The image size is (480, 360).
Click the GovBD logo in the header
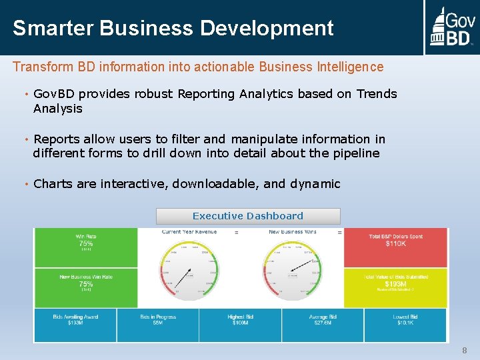pos(451,27)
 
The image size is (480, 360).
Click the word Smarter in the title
pos(53,28)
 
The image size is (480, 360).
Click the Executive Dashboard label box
pos(248,216)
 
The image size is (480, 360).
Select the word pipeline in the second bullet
pos(356,153)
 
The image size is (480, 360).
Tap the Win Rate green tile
pos(85,247)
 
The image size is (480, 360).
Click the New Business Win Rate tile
pos(85,287)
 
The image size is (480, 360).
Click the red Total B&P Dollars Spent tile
pos(395,247)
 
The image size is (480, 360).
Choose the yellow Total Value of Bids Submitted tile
pos(395,287)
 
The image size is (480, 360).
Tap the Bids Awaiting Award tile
pos(75,325)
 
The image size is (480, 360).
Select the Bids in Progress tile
pos(158,325)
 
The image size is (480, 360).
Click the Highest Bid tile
pos(240,325)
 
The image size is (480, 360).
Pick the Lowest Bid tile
pos(405,325)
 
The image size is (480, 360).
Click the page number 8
pos(465,351)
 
